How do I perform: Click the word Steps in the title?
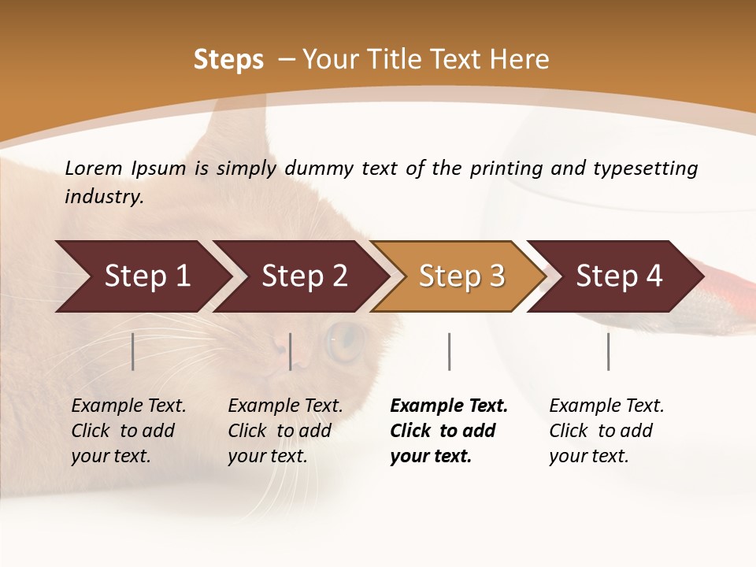click(228, 60)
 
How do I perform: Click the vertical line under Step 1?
click(133, 351)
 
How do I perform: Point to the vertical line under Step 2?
click(291, 351)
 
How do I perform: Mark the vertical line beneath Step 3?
click(449, 351)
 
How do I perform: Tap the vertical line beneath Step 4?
click(608, 351)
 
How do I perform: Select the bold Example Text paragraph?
click(448, 431)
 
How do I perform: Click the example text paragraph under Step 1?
click(128, 431)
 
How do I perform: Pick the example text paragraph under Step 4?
click(606, 431)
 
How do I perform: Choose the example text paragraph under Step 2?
click(285, 431)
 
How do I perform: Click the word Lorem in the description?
click(94, 169)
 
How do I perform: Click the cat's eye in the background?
click(345, 340)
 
